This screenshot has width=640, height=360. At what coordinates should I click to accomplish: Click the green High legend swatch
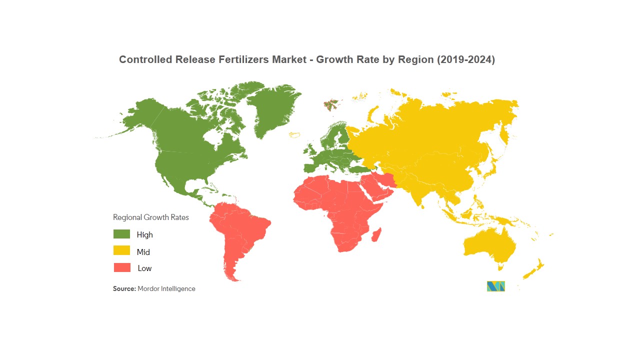tap(121, 234)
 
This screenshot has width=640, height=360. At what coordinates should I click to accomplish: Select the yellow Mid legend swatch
tap(121, 251)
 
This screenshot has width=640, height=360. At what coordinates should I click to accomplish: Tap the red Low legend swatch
tap(121, 267)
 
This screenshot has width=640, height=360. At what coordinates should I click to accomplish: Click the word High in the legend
tap(145, 234)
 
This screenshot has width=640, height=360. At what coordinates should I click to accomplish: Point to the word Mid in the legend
tap(143, 252)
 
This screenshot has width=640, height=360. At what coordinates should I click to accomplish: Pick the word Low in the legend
tap(144, 268)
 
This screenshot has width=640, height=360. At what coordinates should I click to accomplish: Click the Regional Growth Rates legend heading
tap(151, 217)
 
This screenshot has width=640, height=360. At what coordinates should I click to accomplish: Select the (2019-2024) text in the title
tap(466, 59)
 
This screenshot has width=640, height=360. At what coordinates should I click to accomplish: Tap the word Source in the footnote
tap(124, 289)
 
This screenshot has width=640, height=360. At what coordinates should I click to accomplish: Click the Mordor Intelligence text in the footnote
tap(166, 289)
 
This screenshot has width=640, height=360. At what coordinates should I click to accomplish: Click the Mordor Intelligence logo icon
tap(495, 286)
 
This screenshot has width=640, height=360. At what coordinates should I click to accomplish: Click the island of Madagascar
tap(375, 234)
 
